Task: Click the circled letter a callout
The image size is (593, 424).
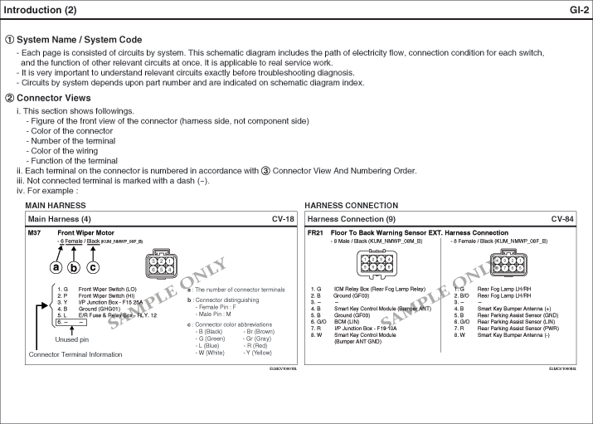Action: coord(56,267)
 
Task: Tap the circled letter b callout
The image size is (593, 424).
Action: coord(74,267)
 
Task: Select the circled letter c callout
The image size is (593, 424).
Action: coord(92,267)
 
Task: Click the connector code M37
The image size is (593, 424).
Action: coord(35,233)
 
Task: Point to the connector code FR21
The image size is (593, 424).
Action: coord(315,233)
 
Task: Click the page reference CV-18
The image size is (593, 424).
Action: coord(283,219)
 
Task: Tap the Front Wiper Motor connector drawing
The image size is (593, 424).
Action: coord(160,265)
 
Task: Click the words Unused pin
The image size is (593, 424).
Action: coord(71,339)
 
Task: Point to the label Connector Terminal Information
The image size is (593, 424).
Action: coord(75,354)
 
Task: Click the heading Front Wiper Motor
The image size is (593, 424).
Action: coord(85,233)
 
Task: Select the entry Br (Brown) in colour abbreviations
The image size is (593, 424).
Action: coord(260,331)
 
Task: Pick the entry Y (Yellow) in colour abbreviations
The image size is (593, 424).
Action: coord(257,353)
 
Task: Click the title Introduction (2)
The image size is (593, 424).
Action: coord(41,10)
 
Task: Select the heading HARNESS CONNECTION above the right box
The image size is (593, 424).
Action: coord(351,205)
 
